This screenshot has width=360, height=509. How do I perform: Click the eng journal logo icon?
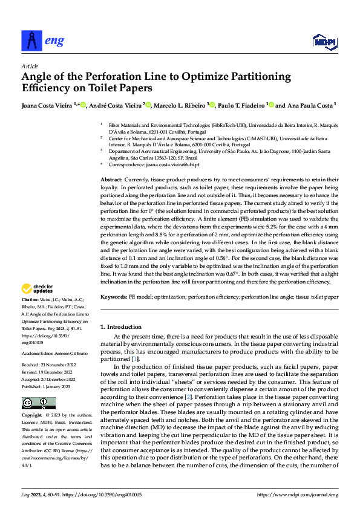coord(31,41)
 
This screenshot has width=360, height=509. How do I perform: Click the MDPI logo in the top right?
coord(324,42)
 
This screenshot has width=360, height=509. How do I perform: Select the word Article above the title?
coord(30,65)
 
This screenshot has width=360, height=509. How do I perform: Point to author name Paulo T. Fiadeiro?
coord(241,105)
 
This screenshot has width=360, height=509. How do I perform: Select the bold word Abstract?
coord(111,181)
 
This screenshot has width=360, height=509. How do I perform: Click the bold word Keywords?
coord(113,297)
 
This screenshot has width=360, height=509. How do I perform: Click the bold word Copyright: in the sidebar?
coord(32,416)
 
